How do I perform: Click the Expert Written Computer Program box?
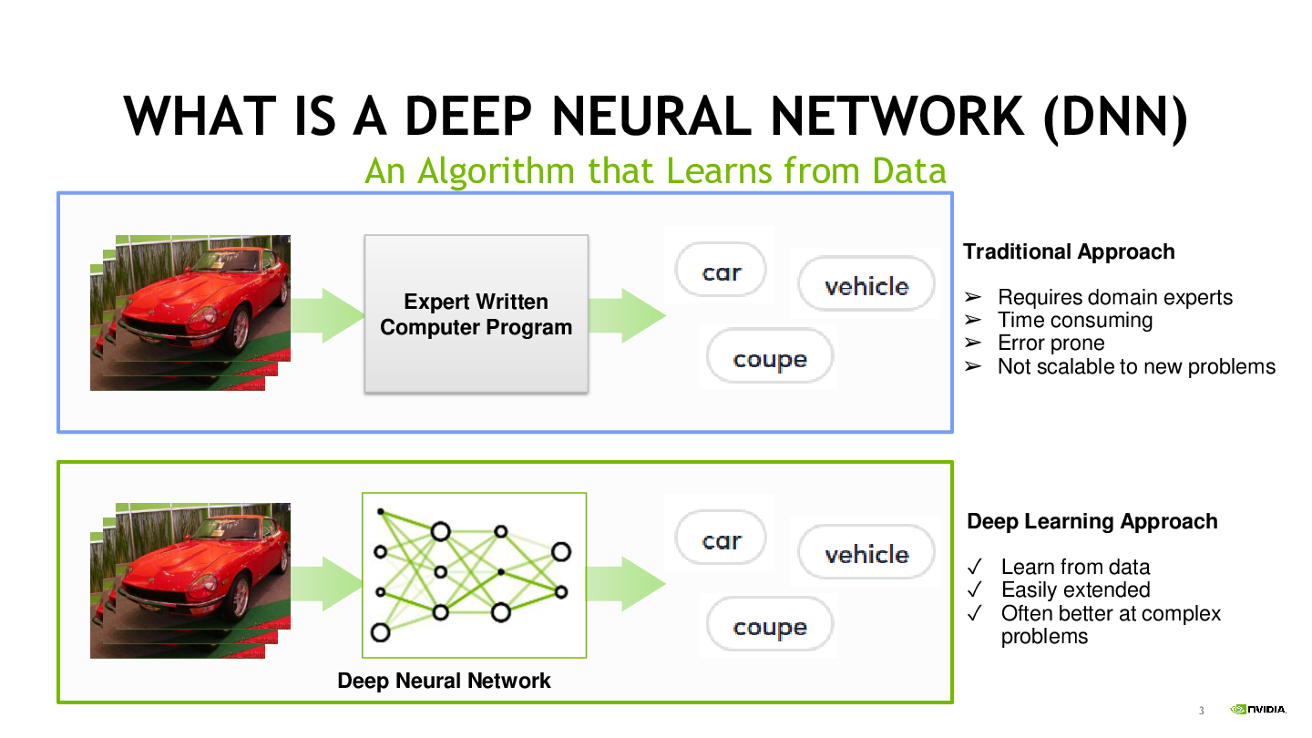[476, 314]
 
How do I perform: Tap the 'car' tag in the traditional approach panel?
[721, 270]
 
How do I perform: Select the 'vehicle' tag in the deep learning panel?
[866, 552]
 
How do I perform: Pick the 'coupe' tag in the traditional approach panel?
[770, 356]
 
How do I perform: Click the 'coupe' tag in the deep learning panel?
[770, 624]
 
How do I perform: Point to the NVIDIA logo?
[1258, 709]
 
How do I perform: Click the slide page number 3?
[1201, 711]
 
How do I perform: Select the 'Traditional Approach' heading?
[1069, 251]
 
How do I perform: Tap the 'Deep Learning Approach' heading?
[1092, 521]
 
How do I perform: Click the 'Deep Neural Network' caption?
[444, 681]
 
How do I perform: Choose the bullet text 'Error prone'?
[1051, 343]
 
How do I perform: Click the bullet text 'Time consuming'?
[1075, 321]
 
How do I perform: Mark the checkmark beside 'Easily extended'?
[975, 589]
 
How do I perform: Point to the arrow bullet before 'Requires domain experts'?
[973, 298]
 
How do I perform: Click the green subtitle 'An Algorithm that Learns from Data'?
[655, 171]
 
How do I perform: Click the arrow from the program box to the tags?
[627, 315]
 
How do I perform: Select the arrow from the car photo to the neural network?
[326, 583]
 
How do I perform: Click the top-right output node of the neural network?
[560, 552]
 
